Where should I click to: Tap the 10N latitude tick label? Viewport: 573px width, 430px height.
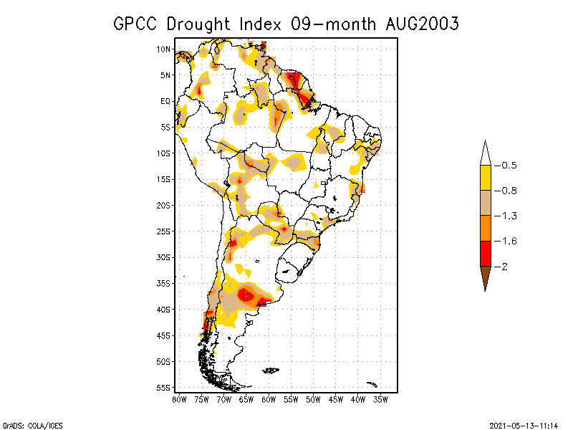tap(164, 49)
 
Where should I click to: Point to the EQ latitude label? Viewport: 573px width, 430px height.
tap(165, 101)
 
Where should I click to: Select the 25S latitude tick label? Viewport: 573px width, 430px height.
tap(164, 231)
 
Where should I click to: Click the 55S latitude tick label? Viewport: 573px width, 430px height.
tap(164, 388)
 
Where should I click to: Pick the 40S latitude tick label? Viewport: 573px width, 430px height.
tap(164, 310)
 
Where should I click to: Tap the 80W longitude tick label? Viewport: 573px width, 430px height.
tap(180, 399)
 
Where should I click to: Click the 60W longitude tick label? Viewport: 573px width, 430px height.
tap(269, 399)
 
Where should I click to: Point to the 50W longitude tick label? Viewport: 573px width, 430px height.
tap(313, 399)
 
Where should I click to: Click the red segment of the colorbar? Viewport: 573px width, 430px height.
tap(485, 253)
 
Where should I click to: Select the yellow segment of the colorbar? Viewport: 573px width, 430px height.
tap(485, 177)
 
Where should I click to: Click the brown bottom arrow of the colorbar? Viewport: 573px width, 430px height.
tap(485, 277)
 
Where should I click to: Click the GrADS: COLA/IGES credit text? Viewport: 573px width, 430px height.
tap(27, 424)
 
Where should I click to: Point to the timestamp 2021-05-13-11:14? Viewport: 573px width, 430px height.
tap(524, 424)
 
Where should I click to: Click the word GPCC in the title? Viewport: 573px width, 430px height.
tap(136, 24)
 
